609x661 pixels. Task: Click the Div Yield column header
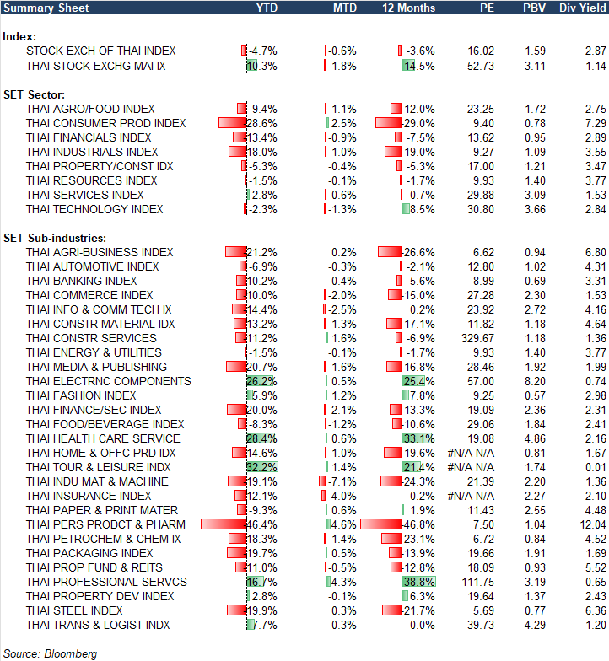(581, 8)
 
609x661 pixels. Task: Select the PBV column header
(535, 8)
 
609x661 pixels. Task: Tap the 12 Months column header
(409, 8)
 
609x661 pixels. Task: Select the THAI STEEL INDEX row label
(74, 610)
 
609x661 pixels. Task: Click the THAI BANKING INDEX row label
(81, 281)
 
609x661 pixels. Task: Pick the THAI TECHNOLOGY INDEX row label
(94, 209)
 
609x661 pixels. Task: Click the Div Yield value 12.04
(588, 524)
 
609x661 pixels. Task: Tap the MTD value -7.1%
(341, 481)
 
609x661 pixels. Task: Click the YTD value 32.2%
(262, 467)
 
